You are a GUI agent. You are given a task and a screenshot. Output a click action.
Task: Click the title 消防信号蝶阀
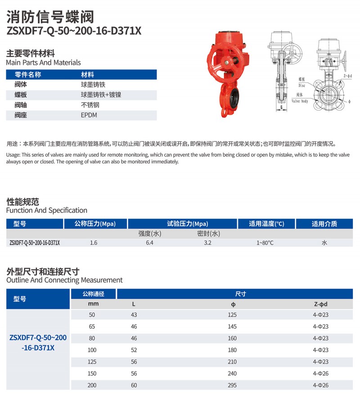point(50,17)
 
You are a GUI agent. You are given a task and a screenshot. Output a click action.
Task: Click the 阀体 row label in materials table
point(21,84)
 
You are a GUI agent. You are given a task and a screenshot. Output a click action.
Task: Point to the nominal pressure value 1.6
point(94,243)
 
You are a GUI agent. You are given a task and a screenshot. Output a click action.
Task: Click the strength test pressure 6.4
point(149,243)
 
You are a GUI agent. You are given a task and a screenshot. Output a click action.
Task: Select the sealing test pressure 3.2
point(207,243)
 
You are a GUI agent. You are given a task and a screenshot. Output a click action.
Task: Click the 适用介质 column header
point(324,224)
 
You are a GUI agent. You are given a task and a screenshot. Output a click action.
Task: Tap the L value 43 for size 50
point(134,315)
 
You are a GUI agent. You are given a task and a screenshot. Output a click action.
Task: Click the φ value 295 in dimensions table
point(233,385)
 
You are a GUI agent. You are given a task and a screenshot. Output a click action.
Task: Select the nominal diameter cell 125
point(92,362)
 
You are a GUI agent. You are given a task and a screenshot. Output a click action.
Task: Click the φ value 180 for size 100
point(233,350)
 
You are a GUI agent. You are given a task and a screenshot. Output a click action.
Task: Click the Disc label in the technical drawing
point(301,85)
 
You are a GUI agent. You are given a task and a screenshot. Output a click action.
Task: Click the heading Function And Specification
point(47,210)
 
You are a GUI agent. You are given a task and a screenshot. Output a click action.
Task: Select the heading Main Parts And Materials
point(44,63)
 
